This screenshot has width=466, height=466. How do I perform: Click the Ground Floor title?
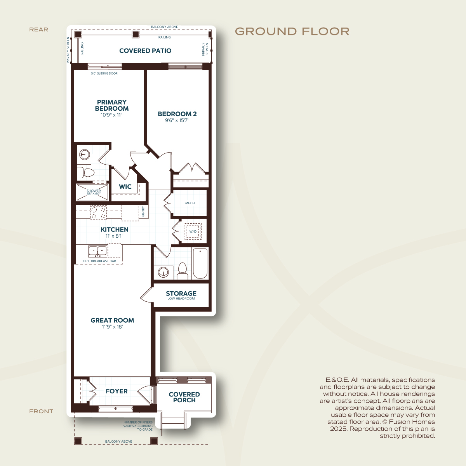point(292,31)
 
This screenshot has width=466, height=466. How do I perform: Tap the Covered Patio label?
point(145,51)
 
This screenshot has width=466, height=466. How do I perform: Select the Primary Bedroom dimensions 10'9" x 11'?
point(111,115)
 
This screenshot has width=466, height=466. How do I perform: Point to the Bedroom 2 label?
point(177,114)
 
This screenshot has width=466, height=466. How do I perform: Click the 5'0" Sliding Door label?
point(104,73)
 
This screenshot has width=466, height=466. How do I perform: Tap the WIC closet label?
point(125,186)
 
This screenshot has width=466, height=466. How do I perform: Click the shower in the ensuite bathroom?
point(92,192)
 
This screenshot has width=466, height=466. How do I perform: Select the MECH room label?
point(190,203)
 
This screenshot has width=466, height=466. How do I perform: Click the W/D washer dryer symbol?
point(193,231)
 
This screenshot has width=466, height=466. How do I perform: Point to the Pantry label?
point(143,212)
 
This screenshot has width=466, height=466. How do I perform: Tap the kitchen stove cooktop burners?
point(98,212)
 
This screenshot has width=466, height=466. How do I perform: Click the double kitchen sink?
point(98,252)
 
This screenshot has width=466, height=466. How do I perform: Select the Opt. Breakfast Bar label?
point(99,261)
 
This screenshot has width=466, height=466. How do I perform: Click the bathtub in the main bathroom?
point(200,263)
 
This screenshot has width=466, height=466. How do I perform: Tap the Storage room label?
point(181,294)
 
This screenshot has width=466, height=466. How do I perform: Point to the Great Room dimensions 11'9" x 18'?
point(113,327)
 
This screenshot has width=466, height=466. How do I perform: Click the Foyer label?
point(116,391)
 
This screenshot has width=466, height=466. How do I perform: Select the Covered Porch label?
point(184,397)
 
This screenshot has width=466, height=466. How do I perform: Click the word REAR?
point(39,30)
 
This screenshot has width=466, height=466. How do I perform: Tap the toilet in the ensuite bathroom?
point(86,172)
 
